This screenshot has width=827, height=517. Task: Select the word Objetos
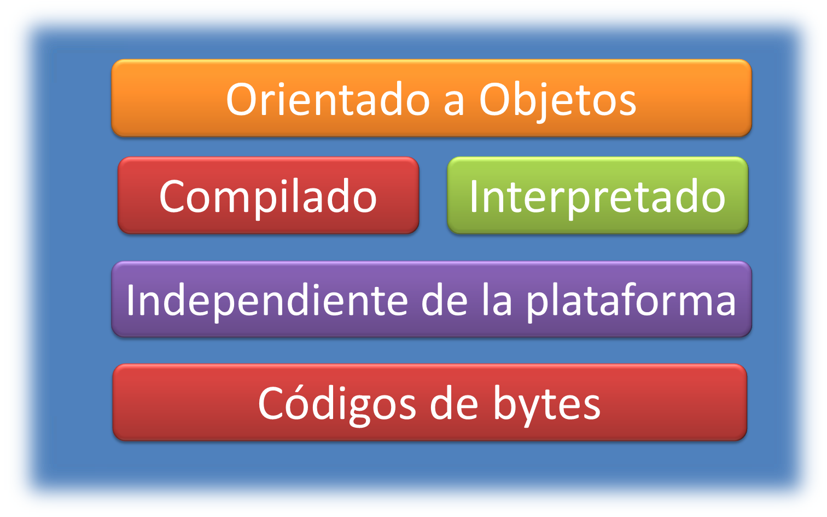click(x=558, y=100)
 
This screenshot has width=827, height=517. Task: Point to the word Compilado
click(x=268, y=197)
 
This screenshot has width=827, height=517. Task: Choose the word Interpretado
click(x=597, y=197)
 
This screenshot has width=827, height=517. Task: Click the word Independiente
click(x=267, y=300)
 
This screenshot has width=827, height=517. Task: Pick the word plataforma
click(x=631, y=301)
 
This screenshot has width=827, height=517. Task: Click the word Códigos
click(x=337, y=404)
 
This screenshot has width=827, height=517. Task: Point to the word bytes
click(x=547, y=404)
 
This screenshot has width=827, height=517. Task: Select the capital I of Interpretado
click(x=474, y=197)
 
